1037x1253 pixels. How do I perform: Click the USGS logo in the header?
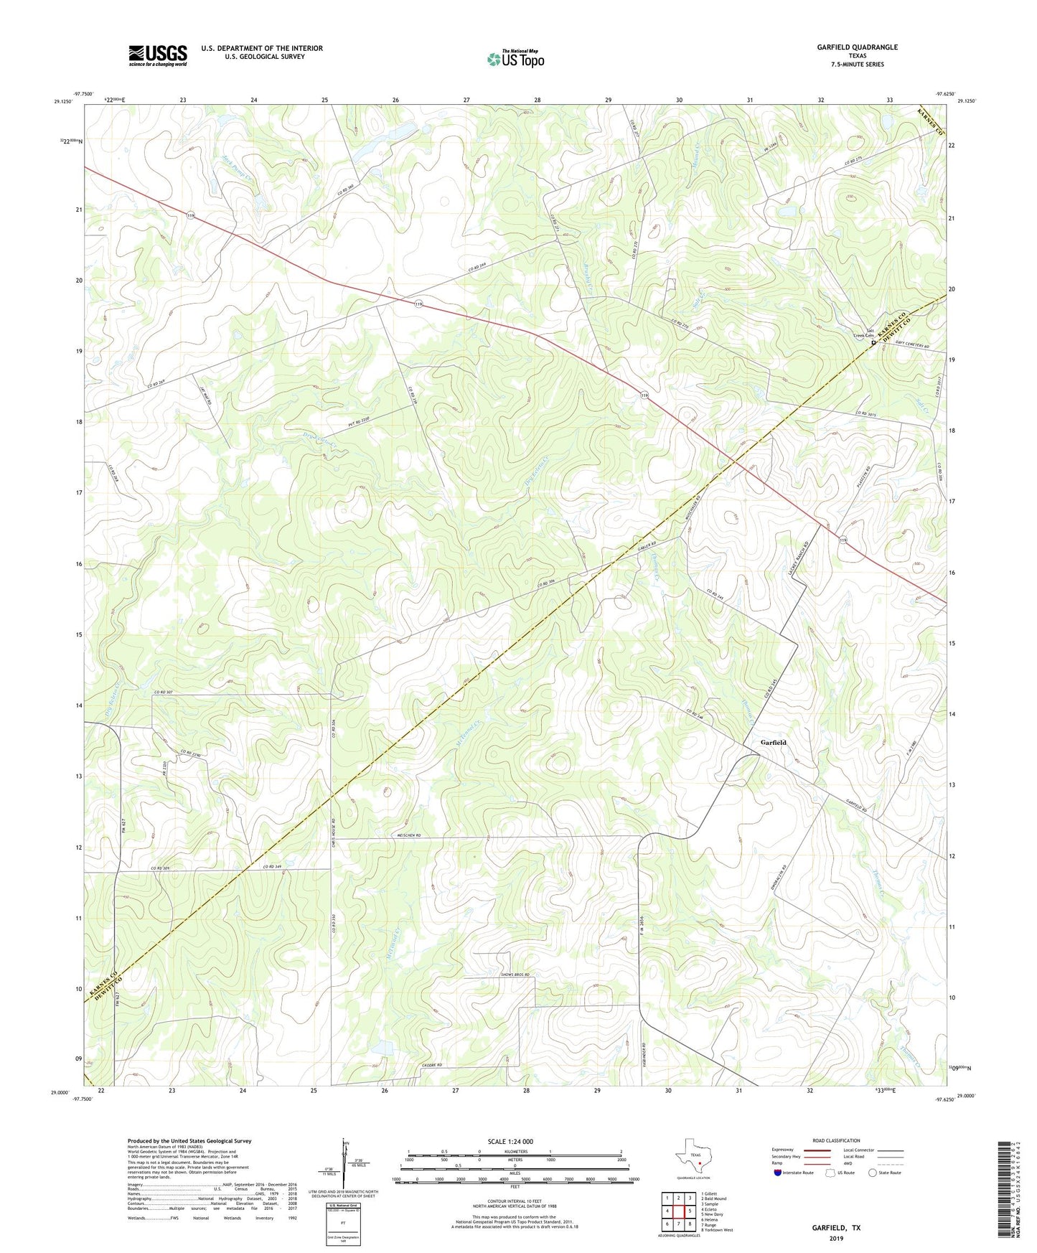(x=158, y=55)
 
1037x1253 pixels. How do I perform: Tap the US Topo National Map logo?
(x=515, y=59)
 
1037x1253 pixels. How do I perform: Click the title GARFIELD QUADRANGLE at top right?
(x=857, y=47)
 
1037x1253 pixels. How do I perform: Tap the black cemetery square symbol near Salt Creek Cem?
(x=873, y=343)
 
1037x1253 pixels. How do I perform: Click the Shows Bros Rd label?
(x=514, y=975)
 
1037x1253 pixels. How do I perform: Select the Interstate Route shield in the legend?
(x=778, y=1173)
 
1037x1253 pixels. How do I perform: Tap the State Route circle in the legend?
(x=872, y=1173)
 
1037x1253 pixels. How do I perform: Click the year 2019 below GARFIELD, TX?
(x=836, y=1239)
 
